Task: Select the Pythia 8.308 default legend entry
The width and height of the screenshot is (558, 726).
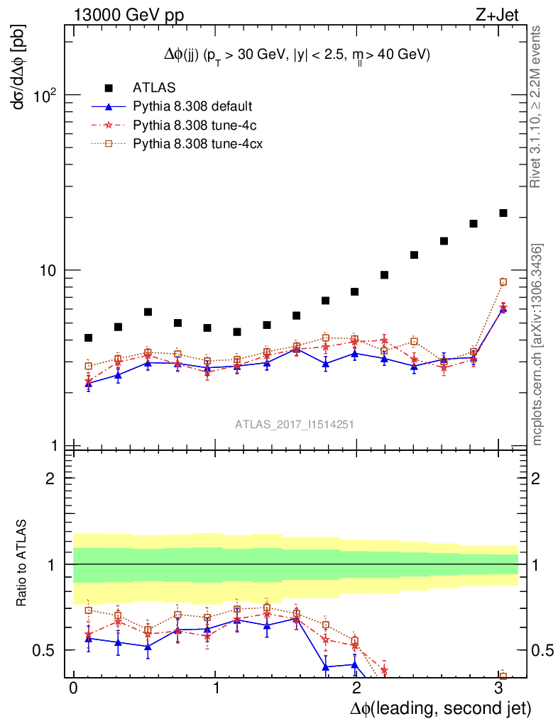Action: (x=192, y=107)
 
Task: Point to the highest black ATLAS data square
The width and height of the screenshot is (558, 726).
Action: (x=503, y=213)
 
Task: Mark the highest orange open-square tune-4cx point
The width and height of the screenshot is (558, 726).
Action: (x=503, y=282)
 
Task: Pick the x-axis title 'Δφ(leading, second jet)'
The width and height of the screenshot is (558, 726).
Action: (x=440, y=708)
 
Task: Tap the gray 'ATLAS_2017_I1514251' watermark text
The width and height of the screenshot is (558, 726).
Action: (x=295, y=425)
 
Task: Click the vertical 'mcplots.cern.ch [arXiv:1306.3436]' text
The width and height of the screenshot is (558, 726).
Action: (x=538, y=344)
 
